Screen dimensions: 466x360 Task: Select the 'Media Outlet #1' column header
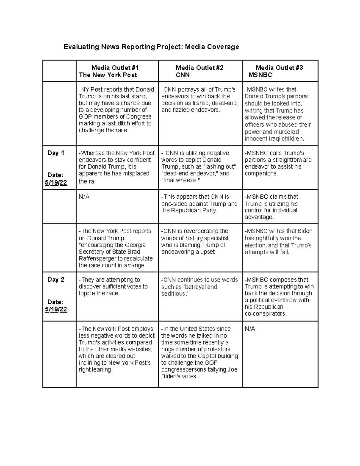(x=115, y=68)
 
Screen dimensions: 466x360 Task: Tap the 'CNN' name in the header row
(x=183, y=75)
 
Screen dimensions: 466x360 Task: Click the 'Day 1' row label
(x=56, y=153)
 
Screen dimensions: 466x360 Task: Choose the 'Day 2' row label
(x=56, y=280)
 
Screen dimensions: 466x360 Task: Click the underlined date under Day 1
(x=56, y=183)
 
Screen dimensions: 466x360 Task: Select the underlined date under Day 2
(x=56, y=309)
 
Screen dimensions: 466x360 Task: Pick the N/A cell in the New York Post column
(x=84, y=197)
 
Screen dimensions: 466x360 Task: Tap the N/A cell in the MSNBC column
(x=250, y=329)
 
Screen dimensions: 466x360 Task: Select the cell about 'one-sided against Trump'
(x=199, y=204)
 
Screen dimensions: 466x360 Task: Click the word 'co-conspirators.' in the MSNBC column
(x=265, y=314)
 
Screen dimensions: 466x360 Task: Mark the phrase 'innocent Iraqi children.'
(x=274, y=139)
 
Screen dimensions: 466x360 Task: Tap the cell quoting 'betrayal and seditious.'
(x=199, y=287)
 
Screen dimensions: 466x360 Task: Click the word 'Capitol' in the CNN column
(x=208, y=356)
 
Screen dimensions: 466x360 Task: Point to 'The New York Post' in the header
(x=108, y=75)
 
